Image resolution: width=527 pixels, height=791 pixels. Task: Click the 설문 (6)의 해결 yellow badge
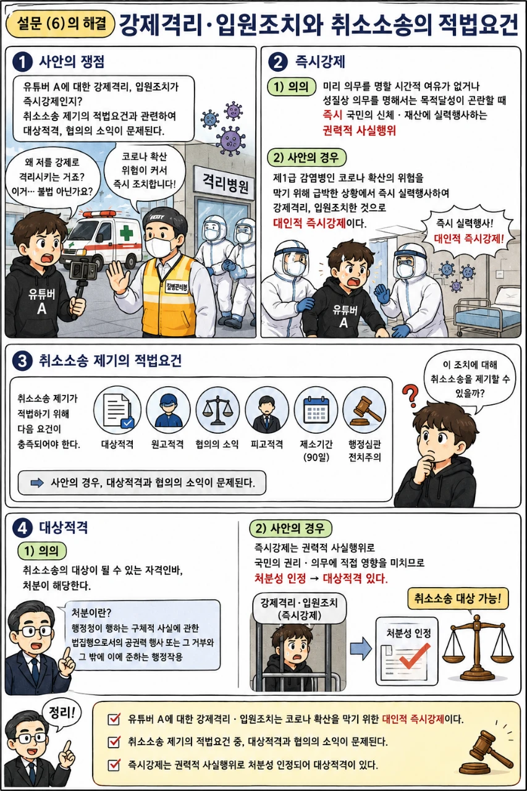pyautogui.click(x=61, y=23)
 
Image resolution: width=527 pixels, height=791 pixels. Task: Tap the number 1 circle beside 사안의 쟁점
pyautogui.click(x=22, y=62)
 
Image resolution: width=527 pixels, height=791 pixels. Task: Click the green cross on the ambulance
pyautogui.click(x=126, y=234)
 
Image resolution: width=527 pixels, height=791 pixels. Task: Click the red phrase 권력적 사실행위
pyautogui.click(x=359, y=130)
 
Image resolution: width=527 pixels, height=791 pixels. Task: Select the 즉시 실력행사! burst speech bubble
pyautogui.click(x=467, y=232)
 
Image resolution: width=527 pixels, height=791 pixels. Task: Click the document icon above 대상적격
pyautogui.click(x=117, y=411)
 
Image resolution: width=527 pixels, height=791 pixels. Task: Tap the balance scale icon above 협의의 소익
pyautogui.click(x=218, y=411)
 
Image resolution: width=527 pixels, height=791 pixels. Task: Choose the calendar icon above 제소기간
pyautogui.click(x=316, y=410)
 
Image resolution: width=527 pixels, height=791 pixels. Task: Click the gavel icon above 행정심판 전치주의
pyautogui.click(x=365, y=410)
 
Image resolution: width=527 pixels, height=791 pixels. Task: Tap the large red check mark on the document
pyautogui.click(x=415, y=656)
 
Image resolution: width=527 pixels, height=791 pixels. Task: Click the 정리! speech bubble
pyautogui.click(x=62, y=713)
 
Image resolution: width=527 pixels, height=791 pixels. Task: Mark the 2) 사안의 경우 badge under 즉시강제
pyautogui.click(x=306, y=157)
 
